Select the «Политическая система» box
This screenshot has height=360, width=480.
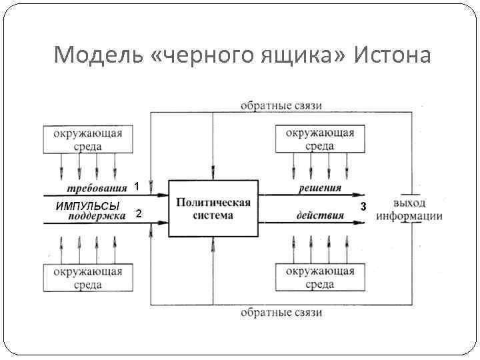coord(213,208)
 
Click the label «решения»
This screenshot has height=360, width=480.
coord(319,189)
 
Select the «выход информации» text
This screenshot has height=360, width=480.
coord(417,209)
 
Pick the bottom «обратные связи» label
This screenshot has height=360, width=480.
coord(281,312)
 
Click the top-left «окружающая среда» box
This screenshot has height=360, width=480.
coord(85,139)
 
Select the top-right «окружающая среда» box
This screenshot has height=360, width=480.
coord(320,139)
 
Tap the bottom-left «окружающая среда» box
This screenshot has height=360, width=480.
coord(85,277)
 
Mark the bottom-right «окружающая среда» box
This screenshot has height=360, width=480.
coord(320,277)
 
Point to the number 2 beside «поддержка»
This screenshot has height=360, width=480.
coord(138,214)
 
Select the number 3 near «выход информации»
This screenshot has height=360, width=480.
coord(363,207)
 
